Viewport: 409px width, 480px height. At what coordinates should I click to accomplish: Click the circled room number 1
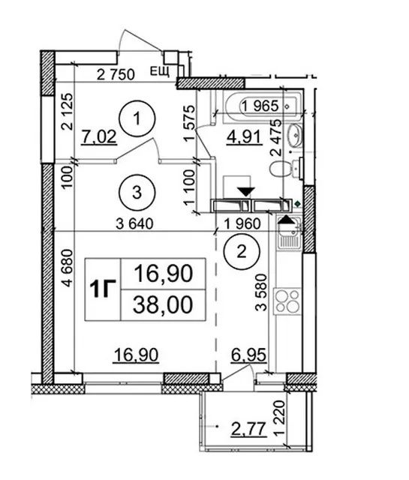click(x=137, y=118)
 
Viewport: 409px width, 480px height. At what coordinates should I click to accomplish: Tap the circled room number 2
click(x=242, y=252)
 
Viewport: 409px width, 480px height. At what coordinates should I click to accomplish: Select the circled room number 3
click(x=137, y=193)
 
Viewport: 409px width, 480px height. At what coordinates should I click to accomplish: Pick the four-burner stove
click(x=287, y=301)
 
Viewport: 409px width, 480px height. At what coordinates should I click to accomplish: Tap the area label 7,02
click(x=99, y=136)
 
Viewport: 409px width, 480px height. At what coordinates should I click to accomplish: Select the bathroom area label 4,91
click(x=244, y=136)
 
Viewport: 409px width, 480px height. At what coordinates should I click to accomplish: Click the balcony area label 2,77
click(x=248, y=429)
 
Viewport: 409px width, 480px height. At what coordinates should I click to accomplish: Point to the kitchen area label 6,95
click(x=248, y=355)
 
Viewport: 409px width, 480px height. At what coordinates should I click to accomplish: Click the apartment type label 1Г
click(x=103, y=289)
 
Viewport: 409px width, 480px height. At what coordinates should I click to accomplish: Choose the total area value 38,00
click(x=164, y=305)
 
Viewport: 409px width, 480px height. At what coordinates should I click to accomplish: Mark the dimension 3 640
click(x=134, y=224)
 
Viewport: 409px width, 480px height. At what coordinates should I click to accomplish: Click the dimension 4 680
click(x=68, y=268)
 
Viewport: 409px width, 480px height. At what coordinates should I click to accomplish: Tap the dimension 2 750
click(x=116, y=75)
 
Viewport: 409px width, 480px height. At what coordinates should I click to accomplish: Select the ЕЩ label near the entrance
click(x=160, y=72)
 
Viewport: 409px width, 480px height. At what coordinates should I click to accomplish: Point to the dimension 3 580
click(x=262, y=292)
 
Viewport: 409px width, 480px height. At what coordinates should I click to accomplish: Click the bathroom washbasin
click(x=296, y=135)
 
